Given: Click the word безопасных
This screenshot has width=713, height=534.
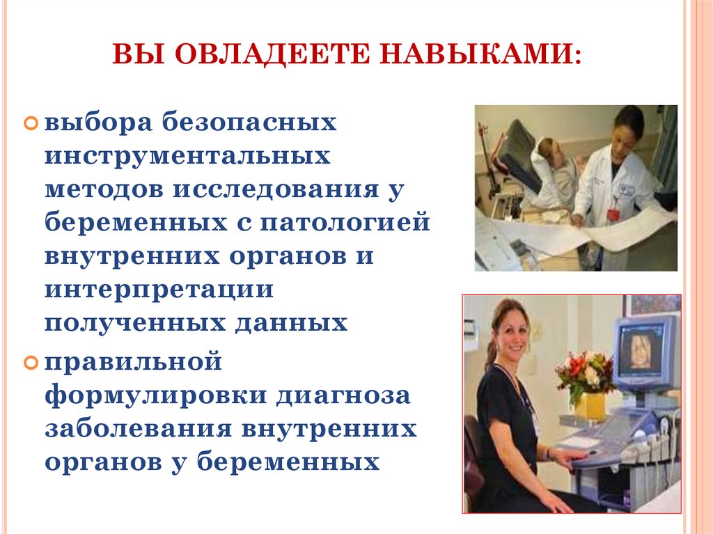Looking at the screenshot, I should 249,123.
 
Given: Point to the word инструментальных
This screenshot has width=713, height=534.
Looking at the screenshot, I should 187,156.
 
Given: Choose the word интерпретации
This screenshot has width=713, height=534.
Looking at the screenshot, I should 159,290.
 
